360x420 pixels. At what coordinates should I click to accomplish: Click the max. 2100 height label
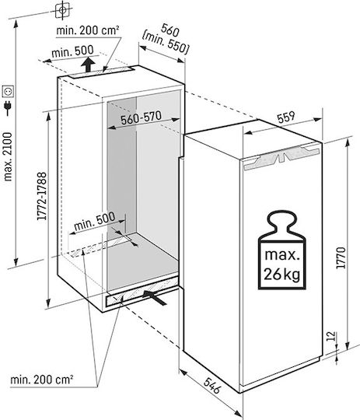(8, 157)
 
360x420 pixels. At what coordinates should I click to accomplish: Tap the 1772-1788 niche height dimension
(42, 196)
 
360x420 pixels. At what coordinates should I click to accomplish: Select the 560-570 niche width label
(142, 118)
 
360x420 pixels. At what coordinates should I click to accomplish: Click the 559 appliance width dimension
(286, 117)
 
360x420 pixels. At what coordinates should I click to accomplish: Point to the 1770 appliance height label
(341, 257)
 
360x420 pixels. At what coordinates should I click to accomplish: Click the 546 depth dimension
(212, 386)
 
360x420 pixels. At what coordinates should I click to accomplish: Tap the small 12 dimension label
(331, 336)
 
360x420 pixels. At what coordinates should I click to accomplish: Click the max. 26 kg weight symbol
(281, 250)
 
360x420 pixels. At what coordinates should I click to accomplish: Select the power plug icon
(8, 107)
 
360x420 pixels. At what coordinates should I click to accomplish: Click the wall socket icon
(8, 91)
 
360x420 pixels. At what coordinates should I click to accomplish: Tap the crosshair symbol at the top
(62, 10)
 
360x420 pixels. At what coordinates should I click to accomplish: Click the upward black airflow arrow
(88, 65)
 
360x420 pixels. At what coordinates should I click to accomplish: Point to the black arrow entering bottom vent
(154, 297)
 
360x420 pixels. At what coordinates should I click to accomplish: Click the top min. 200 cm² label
(88, 30)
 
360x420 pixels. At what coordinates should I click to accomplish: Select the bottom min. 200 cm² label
(42, 380)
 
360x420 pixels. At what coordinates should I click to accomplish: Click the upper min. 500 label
(72, 51)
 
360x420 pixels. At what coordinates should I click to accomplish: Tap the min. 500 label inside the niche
(95, 222)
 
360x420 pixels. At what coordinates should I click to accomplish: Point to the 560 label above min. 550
(170, 30)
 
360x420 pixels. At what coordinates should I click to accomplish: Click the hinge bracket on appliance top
(281, 156)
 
